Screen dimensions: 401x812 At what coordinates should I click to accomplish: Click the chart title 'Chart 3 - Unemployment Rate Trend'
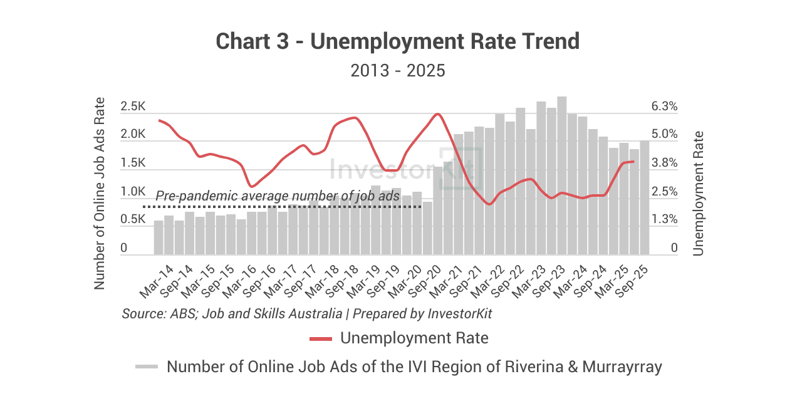398,41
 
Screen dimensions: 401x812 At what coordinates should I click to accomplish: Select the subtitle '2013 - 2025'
398,70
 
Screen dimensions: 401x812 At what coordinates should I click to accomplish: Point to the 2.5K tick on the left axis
133,107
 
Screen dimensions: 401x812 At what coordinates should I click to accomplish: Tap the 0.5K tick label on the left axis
133,220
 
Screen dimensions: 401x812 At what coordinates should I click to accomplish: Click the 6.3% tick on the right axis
664,107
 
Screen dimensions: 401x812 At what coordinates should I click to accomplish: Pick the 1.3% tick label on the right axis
664,220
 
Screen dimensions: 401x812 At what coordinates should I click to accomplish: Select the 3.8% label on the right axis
664,163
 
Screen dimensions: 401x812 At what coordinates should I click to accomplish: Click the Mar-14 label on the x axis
157,281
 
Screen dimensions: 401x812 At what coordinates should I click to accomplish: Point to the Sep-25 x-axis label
632,281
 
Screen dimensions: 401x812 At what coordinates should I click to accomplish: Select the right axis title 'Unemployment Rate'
699,192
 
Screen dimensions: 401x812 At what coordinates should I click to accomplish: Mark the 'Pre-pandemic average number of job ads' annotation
277,196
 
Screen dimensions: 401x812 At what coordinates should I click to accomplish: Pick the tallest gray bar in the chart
562,175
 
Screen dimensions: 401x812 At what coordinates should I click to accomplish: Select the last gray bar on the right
645,197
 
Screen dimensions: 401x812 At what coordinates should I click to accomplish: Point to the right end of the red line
634,162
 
